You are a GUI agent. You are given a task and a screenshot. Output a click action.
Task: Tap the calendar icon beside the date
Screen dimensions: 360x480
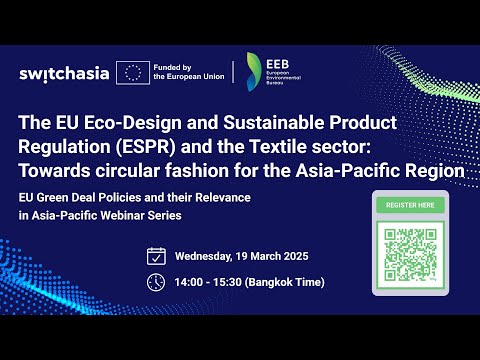(156, 255)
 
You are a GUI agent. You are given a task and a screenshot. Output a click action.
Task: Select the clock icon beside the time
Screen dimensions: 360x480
(156, 282)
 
